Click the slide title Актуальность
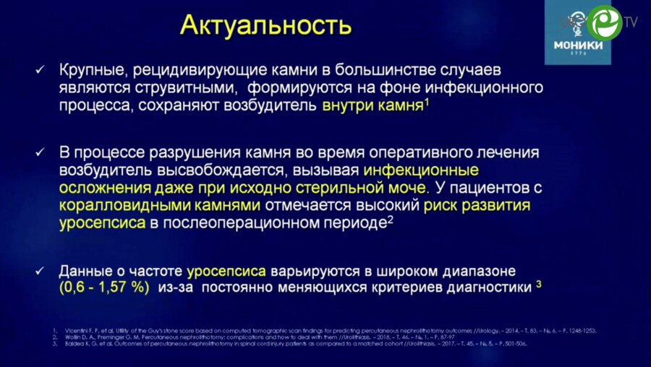click(x=265, y=26)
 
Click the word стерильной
click(x=318, y=188)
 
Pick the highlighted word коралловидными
click(x=120, y=205)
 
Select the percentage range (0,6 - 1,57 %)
click(x=104, y=287)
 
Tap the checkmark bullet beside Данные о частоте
click(x=41, y=270)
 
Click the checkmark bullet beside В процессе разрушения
click(x=41, y=153)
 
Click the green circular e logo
click(x=605, y=23)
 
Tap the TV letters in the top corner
click(x=631, y=22)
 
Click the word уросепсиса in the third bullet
click(x=227, y=270)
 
